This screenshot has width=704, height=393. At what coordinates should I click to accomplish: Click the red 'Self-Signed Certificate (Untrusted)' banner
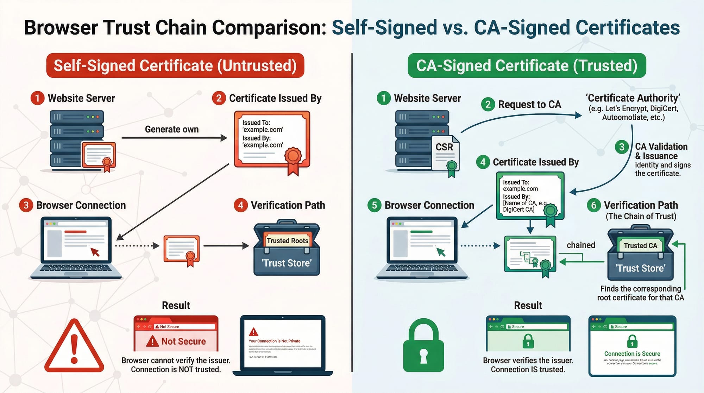(x=175, y=66)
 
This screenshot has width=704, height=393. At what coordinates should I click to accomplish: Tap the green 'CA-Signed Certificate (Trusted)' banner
(x=527, y=66)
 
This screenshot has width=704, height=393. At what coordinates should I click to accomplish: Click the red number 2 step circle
(x=219, y=98)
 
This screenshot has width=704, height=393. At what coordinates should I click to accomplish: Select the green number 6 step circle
(x=593, y=205)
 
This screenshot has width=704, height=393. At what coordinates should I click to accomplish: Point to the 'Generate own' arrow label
(x=172, y=129)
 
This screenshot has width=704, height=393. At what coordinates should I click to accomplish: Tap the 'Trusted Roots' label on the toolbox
(x=287, y=241)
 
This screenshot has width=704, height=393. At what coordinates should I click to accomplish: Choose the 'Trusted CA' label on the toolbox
(x=640, y=246)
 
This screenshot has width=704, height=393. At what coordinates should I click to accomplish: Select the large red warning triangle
(x=74, y=347)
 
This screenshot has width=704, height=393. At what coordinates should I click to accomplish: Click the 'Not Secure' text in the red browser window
(x=183, y=341)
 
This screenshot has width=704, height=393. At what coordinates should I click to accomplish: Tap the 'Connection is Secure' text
(x=632, y=354)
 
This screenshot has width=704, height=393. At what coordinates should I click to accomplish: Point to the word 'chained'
(x=581, y=245)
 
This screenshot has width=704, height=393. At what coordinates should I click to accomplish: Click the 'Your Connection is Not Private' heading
(x=274, y=341)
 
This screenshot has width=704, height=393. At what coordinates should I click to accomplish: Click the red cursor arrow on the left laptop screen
(x=95, y=251)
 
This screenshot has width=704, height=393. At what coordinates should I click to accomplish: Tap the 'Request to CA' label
(x=529, y=105)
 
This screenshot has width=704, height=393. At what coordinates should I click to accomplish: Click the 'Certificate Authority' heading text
(x=633, y=98)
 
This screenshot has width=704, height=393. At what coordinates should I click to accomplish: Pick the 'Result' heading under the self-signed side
(x=176, y=305)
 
